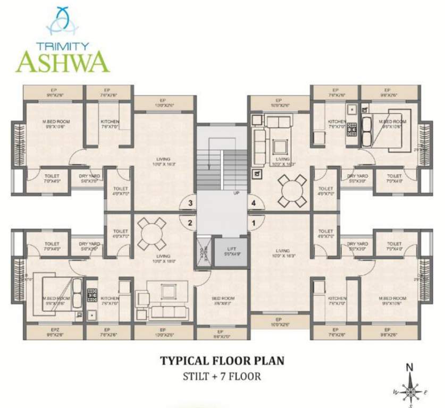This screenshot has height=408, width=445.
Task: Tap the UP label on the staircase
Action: click(x=236, y=193)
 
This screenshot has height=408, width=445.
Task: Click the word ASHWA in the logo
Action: click(x=62, y=62)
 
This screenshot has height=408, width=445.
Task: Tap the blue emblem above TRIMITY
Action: click(x=62, y=22)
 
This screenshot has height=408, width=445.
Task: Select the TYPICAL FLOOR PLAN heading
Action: click(x=222, y=361)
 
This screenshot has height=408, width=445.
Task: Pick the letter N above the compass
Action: click(x=410, y=367)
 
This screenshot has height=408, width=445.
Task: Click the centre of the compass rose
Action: click(x=410, y=392)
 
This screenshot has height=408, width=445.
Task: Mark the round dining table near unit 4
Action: click(x=292, y=190)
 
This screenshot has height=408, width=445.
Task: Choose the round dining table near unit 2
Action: click(x=151, y=234)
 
